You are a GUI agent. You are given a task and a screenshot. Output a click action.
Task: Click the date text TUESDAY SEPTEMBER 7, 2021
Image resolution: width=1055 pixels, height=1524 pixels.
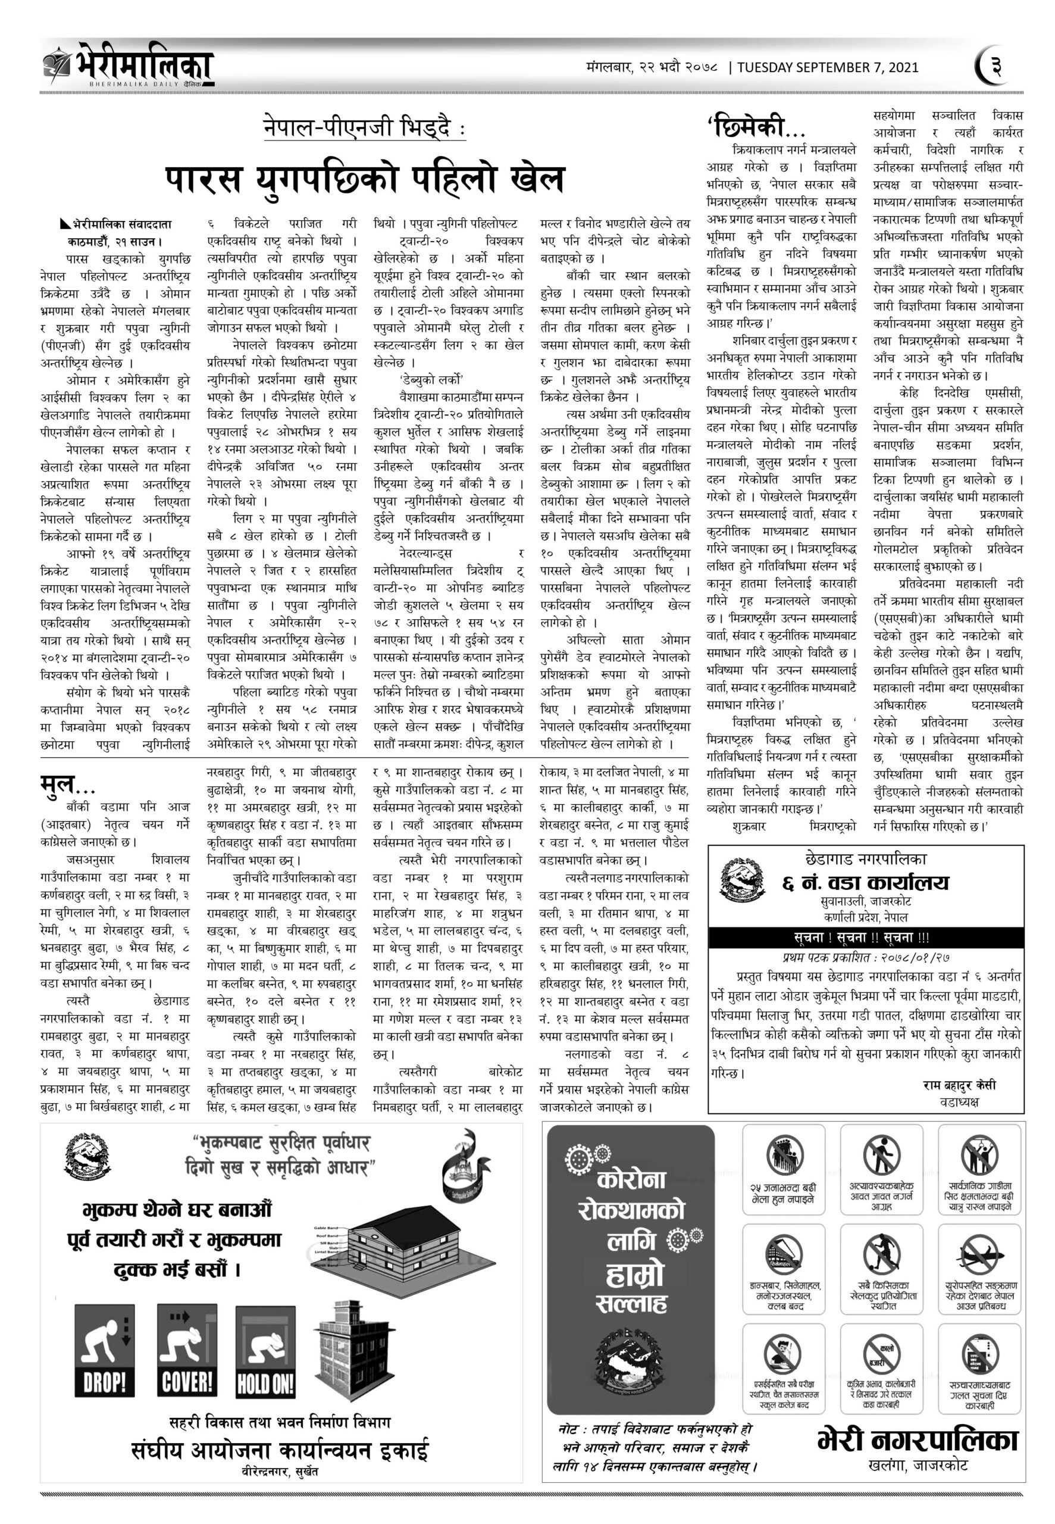pyautogui.click(x=828, y=67)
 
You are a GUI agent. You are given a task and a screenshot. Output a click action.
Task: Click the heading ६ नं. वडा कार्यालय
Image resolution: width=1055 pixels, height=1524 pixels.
pyautogui.click(x=866, y=883)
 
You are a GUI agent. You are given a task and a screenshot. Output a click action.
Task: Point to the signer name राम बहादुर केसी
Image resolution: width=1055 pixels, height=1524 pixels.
pyautogui.click(x=959, y=1085)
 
